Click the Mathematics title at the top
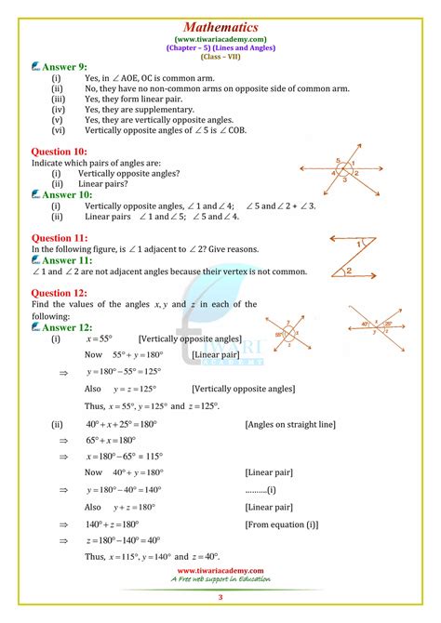pyautogui.click(x=220, y=12)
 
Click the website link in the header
pyautogui.click(x=220, y=30)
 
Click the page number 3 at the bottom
pyautogui.click(x=220, y=596)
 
